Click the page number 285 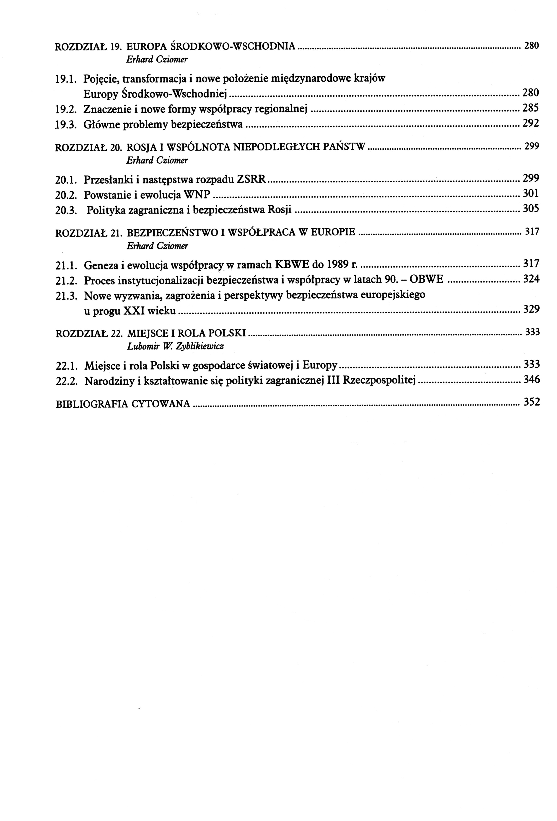[x=531, y=108]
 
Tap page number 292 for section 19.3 [x=531, y=124]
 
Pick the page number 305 [x=531, y=209]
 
